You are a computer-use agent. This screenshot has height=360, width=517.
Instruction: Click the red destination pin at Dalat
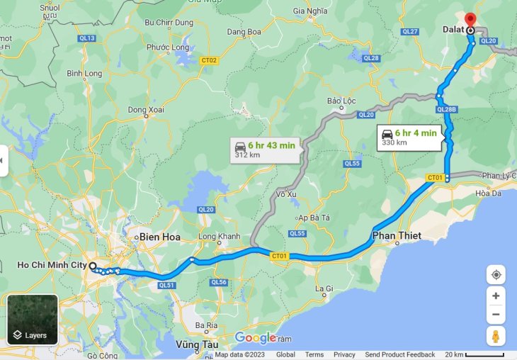coord(470,19)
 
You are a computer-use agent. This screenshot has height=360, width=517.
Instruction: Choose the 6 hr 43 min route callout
coord(267,149)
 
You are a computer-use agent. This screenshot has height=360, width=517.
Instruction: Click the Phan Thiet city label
coord(397,235)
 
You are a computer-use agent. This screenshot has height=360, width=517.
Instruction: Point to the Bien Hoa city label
coord(160,236)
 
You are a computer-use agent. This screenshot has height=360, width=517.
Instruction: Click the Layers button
coord(33,320)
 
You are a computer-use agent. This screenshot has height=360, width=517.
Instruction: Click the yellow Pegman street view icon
coord(496,335)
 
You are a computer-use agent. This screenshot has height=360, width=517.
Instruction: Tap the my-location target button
coord(496,274)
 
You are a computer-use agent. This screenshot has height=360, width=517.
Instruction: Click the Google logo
coord(255,338)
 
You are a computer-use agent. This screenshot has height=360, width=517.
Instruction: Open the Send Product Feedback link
coord(400,354)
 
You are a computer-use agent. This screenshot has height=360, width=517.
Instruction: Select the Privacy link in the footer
coord(344,354)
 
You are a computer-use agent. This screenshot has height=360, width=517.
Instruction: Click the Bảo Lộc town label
coord(341,101)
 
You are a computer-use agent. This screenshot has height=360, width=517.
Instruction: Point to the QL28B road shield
coord(447,109)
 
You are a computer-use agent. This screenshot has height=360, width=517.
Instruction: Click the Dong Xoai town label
coord(146,109)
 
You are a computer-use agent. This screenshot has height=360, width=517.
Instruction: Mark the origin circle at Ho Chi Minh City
coord(93,266)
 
